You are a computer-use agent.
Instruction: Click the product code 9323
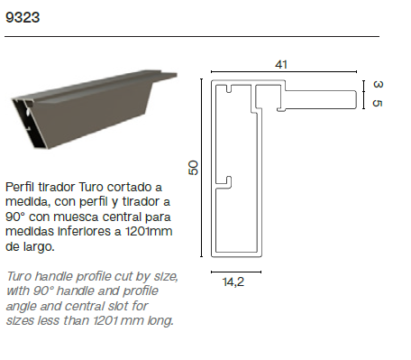pos(23,17)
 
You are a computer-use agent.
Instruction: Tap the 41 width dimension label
pos(281,64)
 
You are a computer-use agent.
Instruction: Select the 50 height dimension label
pos(194,168)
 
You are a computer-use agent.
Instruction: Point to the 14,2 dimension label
pos(233,282)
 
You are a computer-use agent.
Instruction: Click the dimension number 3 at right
pos(378,84)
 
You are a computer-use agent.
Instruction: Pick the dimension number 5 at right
pos(378,103)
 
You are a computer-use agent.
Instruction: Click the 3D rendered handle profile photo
pos(94,109)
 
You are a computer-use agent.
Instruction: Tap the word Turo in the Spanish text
pos(91,187)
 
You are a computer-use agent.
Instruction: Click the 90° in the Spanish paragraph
pos(15,217)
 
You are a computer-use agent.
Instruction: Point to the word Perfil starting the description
pos(21,187)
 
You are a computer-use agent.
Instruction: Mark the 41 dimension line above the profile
pos(284,72)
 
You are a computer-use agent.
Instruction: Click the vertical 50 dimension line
pos(201,168)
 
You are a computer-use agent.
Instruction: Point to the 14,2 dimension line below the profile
pos(236,272)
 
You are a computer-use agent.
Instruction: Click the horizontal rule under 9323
pos(192,36)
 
